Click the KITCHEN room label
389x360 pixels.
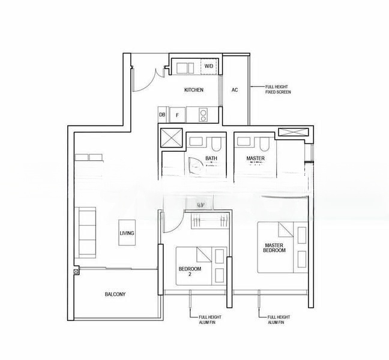point(193,90)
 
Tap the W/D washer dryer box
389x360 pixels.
point(208,65)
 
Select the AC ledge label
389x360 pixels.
point(235,90)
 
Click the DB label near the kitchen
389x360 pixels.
point(162,114)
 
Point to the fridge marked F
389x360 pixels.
point(178,114)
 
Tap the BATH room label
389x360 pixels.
point(211,158)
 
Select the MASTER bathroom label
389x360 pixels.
point(256,158)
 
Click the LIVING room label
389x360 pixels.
point(127,233)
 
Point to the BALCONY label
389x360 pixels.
point(115,294)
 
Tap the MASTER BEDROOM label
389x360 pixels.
point(275,248)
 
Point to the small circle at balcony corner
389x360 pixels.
point(76,272)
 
